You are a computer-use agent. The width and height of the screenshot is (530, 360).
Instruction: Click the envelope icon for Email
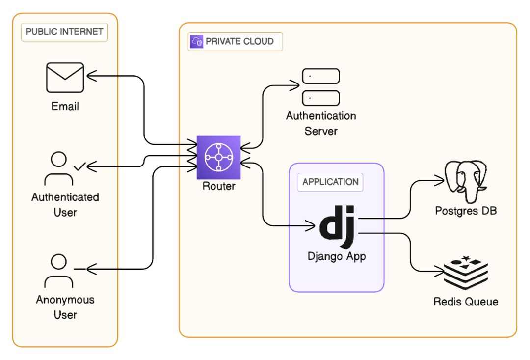pos(65,78)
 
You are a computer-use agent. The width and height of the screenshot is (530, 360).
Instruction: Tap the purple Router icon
pos(218,157)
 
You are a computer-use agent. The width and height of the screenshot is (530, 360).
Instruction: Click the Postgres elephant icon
pos(466,180)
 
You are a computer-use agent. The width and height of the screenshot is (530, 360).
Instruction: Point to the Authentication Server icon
pos(320,87)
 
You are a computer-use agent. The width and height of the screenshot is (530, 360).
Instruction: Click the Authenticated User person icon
pos(59,168)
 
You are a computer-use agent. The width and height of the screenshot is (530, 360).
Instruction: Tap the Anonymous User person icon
pos(59,271)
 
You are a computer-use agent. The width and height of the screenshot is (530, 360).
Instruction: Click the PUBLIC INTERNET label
pos(64,32)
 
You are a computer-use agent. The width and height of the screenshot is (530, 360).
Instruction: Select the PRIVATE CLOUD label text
pos(239,41)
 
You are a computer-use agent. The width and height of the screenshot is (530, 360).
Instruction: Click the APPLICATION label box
pos(330,182)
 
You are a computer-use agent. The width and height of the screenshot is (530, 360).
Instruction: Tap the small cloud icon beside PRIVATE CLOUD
pos(196,41)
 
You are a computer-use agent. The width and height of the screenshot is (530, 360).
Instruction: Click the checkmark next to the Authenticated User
pos(79,167)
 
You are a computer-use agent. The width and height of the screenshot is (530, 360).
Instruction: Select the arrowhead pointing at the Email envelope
pos(91,76)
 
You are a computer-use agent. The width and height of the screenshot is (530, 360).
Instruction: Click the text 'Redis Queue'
pos(466,301)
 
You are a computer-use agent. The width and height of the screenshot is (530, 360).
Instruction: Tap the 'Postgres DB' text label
pos(466,211)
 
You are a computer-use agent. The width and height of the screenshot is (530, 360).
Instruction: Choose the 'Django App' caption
pos(337,256)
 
